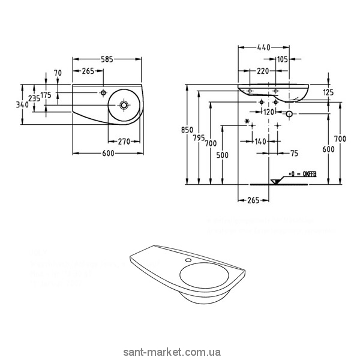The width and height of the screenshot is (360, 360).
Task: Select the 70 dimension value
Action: [58, 73]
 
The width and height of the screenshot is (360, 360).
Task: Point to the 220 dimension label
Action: [262, 71]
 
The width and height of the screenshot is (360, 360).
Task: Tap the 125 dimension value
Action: [328, 92]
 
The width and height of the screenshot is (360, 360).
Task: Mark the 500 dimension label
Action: [222, 155]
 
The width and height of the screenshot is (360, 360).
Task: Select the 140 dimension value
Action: [260, 142]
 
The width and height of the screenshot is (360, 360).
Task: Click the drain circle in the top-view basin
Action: [124, 104]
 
